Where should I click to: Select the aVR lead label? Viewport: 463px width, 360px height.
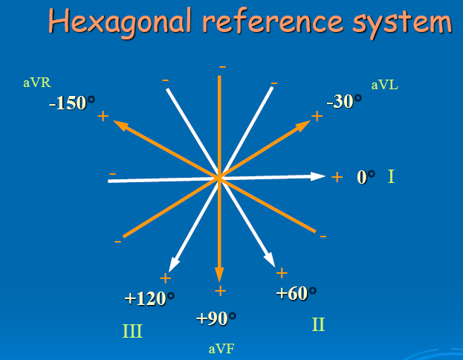point(37,83)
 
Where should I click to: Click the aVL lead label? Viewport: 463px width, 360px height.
point(385,85)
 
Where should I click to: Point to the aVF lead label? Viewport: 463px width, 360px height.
point(221,349)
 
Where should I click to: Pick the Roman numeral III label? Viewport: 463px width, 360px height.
point(132,331)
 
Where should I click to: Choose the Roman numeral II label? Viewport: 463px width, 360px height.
point(318,324)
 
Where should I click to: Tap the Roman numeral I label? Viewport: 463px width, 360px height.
point(391,176)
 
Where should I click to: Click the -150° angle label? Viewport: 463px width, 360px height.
point(72,103)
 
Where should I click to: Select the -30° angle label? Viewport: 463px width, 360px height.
point(344,101)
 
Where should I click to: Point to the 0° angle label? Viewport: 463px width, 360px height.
point(366,177)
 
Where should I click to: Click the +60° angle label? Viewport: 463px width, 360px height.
point(297,293)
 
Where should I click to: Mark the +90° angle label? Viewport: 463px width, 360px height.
point(216,318)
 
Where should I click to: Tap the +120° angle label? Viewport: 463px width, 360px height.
point(149,298)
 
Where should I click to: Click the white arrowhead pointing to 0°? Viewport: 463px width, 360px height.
point(318,176)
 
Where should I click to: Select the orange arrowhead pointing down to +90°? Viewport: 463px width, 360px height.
point(219,275)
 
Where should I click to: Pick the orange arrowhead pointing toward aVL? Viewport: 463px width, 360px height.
point(303,126)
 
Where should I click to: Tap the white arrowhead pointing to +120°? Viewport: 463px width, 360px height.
point(173,264)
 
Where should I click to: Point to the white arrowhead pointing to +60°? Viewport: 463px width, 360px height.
point(270,260)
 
